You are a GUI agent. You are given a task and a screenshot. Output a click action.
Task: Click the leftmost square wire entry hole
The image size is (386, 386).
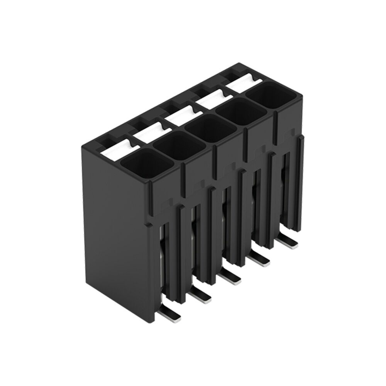click(x=139, y=164)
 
